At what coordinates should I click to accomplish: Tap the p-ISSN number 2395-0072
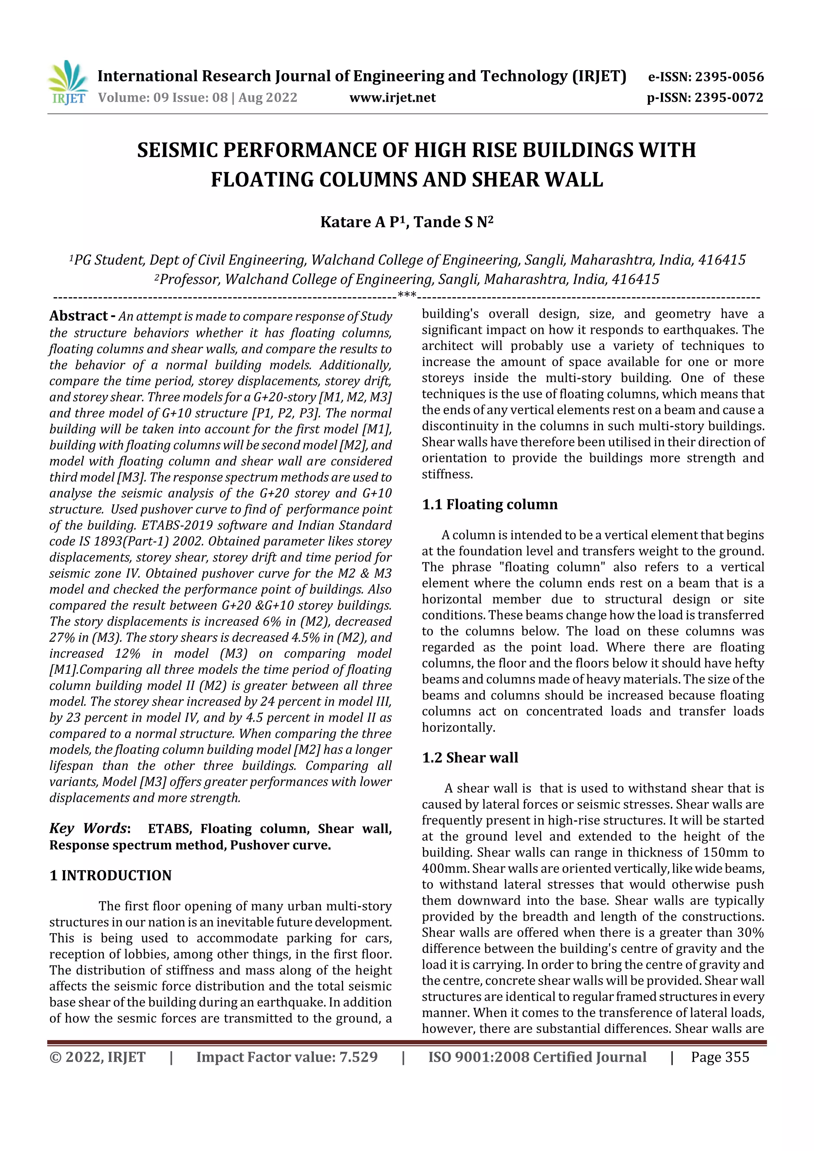coord(729,97)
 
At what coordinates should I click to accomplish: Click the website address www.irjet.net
coord(392,97)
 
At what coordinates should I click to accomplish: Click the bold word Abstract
coord(79,316)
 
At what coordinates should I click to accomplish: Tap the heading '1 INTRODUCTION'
coord(110,876)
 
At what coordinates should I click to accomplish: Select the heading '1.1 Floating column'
coord(490,504)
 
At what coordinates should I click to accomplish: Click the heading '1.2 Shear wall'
coord(470,758)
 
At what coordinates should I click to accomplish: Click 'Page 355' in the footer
coord(720,1057)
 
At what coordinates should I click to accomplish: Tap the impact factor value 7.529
coord(358,1057)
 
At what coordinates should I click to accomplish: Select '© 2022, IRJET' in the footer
coord(97,1057)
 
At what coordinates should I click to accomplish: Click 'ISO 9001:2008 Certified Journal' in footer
coord(537,1057)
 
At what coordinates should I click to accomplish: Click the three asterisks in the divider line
coord(407,295)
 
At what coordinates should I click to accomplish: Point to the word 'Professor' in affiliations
coord(190,279)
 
